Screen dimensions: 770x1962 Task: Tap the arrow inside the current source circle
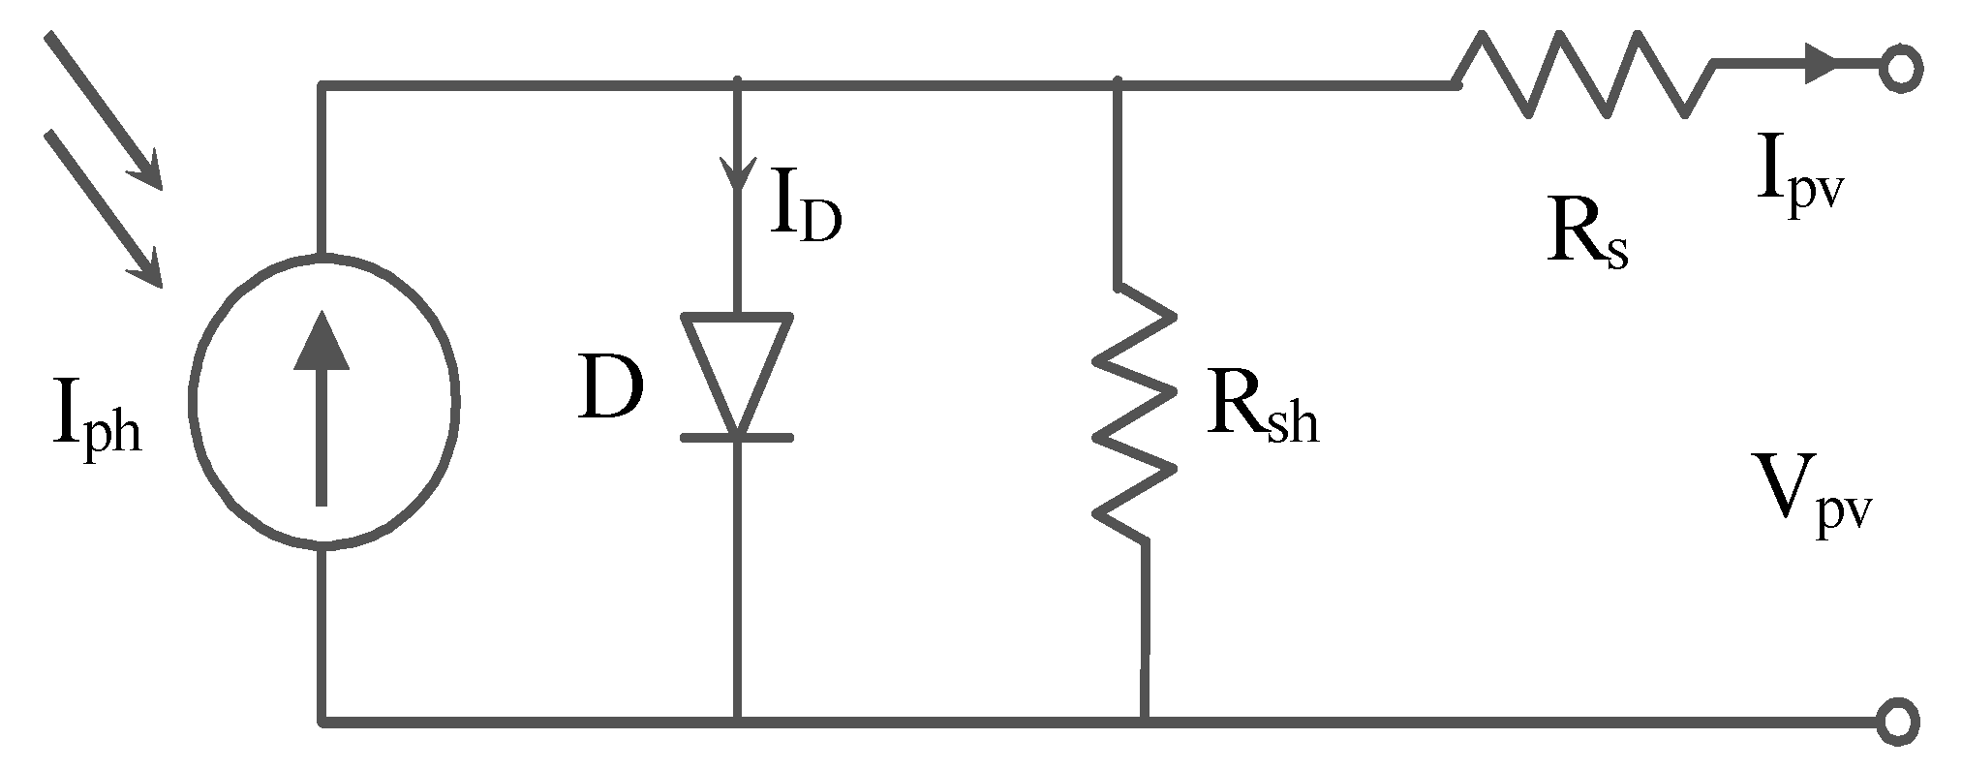322,407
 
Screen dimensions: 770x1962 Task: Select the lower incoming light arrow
104,208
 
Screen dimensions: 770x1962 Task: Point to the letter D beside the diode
610,387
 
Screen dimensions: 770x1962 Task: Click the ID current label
804,205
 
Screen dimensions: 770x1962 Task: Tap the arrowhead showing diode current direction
737,174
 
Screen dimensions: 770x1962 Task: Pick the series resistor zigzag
1583,75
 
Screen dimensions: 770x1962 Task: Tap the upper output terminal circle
1900,70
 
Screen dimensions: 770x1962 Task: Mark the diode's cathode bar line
737,438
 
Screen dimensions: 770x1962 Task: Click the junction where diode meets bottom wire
737,722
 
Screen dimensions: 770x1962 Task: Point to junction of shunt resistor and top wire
1119,85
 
